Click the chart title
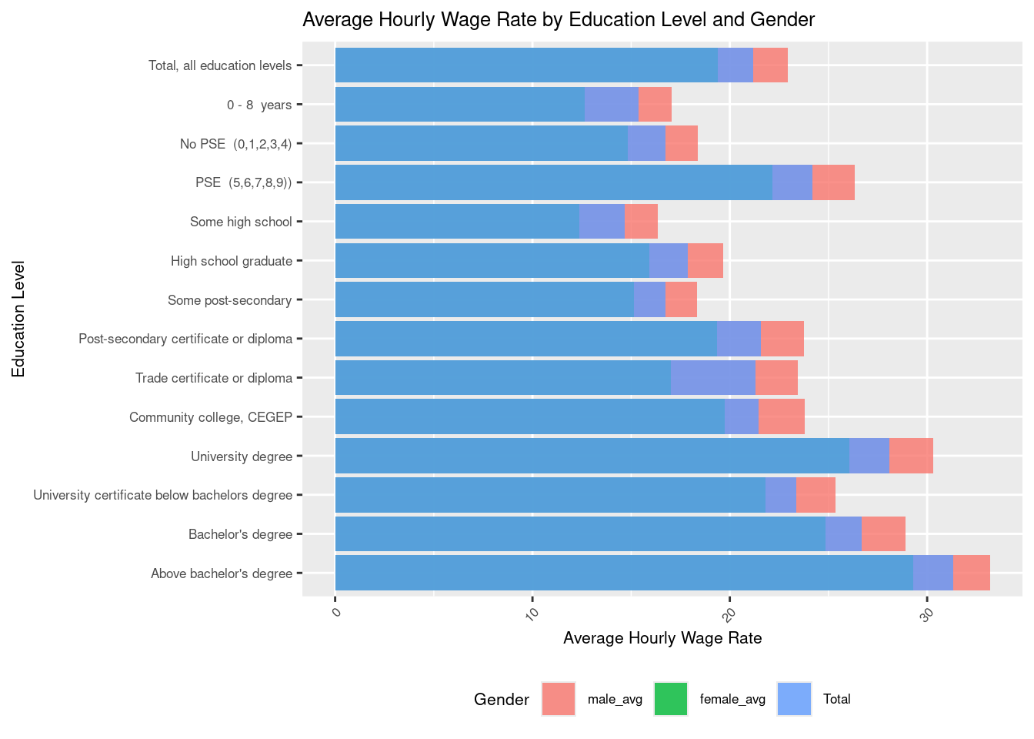click(x=558, y=20)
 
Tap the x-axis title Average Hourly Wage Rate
click(x=662, y=638)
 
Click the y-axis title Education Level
click(x=19, y=319)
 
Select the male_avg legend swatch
click(x=558, y=699)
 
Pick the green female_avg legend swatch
click(x=670, y=699)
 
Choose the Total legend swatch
click(x=794, y=699)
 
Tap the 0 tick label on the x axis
click(x=335, y=613)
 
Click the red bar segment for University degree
click(x=911, y=456)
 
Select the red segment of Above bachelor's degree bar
click(x=971, y=573)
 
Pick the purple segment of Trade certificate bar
click(x=712, y=378)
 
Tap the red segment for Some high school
click(x=641, y=222)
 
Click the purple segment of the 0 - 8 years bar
click(x=611, y=104)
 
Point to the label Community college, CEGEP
click(x=210, y=417)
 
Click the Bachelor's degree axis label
click(x=240, y=534)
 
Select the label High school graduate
click(x=231, y=261)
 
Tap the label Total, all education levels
click(x=219, y=65)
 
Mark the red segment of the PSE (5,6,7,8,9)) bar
click(x=833, y=182)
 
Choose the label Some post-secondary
click(x=229, y=300)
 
